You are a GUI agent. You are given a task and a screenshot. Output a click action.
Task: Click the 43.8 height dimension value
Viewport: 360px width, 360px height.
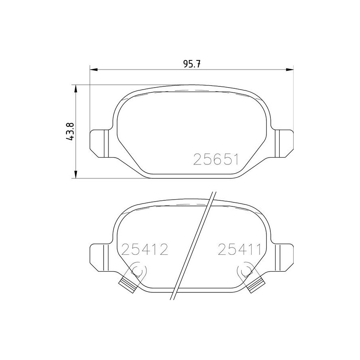(70, 131)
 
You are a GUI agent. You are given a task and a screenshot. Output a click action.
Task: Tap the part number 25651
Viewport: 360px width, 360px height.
(216, 159)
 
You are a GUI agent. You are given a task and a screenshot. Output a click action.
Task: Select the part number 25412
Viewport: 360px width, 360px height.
(145, 250)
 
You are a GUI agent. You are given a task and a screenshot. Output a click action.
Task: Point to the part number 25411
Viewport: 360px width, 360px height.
(240, 250)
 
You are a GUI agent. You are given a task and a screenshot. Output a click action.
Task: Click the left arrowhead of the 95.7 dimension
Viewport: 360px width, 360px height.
(94, 69)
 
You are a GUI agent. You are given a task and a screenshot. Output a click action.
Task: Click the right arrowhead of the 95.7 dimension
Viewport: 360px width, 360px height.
(290, 69)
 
